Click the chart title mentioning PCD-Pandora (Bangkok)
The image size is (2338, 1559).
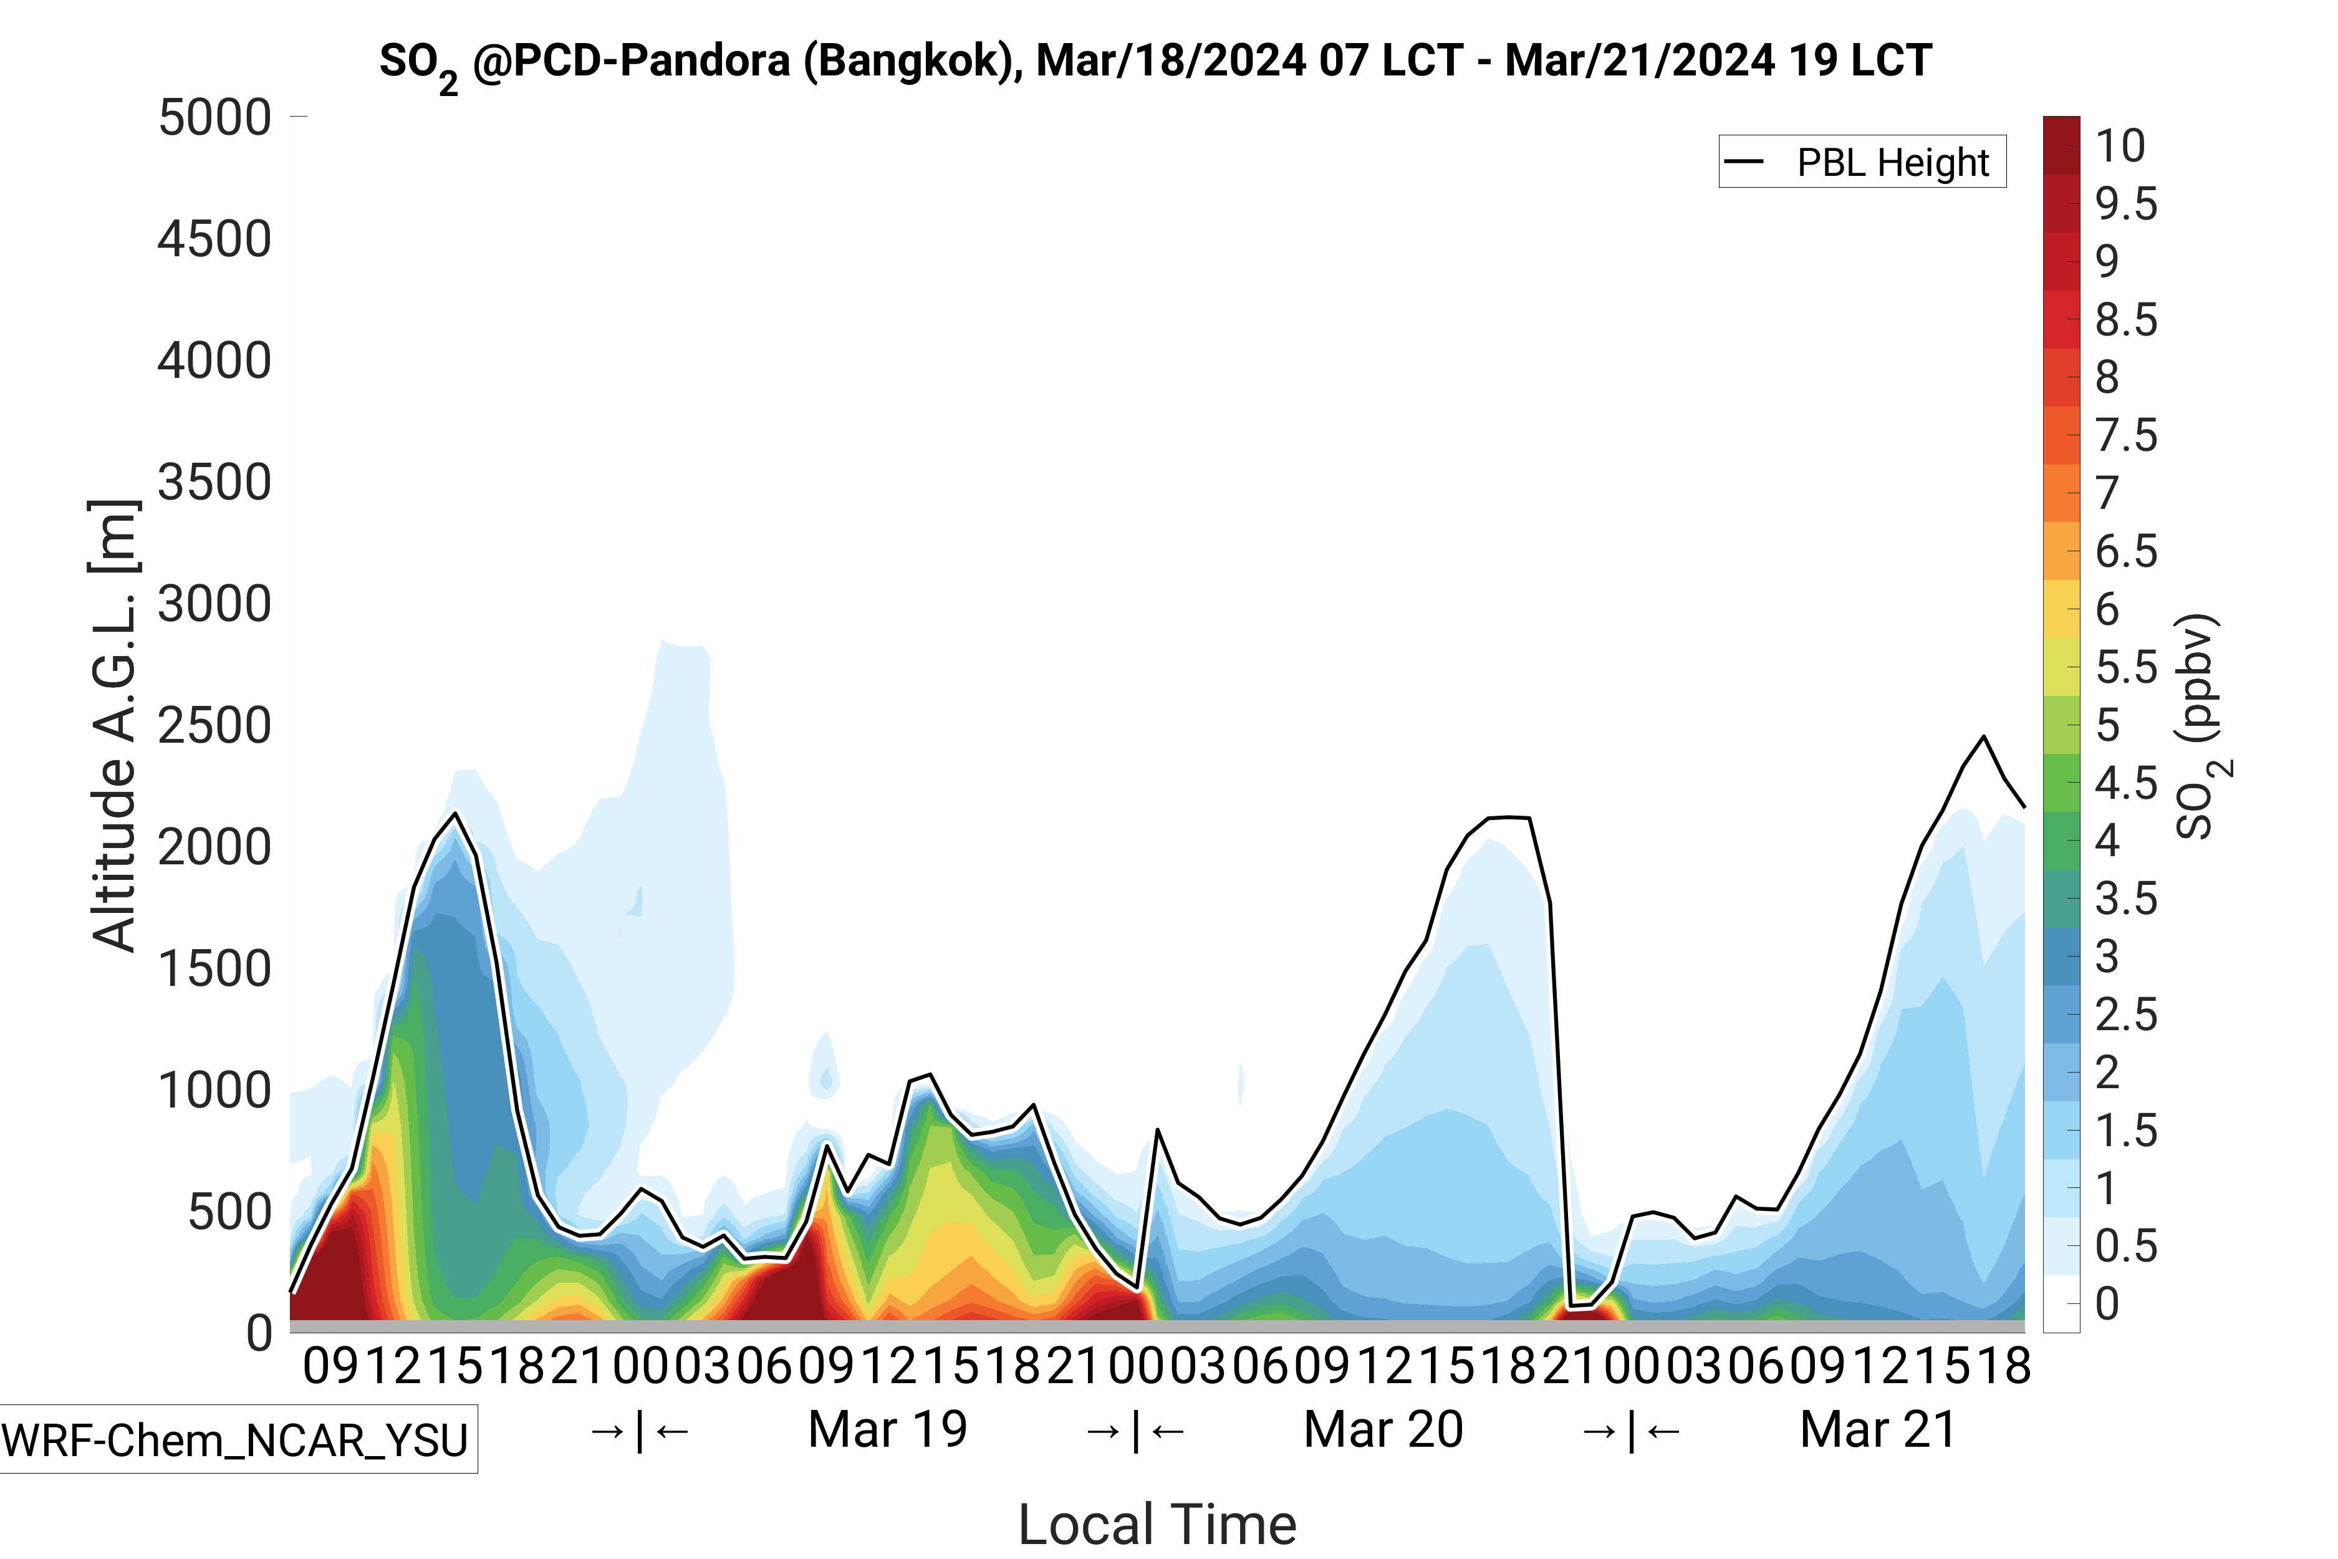coord(1155,62)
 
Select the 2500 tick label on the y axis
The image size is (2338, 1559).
coord(214,726)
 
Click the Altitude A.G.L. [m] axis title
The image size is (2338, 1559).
coord(113,726)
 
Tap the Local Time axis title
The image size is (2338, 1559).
coord(1157,1523)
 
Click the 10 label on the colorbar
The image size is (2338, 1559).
coord(2120,146)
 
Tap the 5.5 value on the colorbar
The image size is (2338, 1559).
coord(2126,668)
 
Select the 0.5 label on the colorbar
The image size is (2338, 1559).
coord(2126,1246)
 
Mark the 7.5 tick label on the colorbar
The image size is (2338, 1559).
coord(2126,435)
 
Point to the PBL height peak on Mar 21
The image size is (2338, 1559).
coord(1984,736)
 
